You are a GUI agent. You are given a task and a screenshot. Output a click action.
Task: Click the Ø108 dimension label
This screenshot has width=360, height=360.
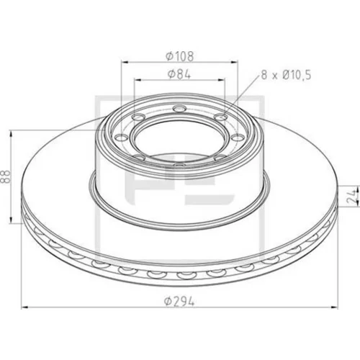(179, 56)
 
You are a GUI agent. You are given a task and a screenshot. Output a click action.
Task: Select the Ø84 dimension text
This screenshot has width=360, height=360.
(179, 74)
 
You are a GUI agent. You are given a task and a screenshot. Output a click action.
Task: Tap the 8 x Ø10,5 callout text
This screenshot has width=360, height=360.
(286, 75)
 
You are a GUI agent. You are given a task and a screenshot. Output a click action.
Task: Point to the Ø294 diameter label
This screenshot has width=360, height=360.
(179, 301)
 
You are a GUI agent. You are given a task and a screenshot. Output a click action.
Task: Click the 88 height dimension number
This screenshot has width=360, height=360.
(5, 176)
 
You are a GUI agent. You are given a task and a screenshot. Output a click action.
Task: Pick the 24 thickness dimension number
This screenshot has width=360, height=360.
(353, 196)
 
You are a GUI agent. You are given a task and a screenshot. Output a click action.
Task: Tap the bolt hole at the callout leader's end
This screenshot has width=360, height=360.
(220, 117)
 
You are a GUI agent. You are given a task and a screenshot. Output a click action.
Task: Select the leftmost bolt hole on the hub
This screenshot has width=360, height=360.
(122, 138)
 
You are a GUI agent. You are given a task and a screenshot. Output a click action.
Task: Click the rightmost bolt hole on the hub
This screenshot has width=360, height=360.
(237, 138)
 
